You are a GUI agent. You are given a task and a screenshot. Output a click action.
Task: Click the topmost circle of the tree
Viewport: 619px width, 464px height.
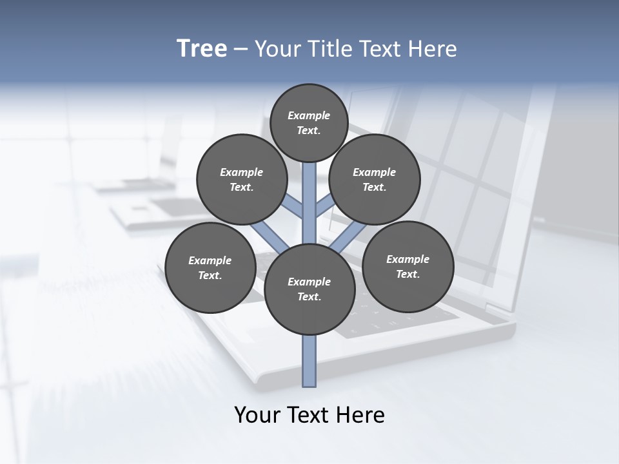pos(309,122)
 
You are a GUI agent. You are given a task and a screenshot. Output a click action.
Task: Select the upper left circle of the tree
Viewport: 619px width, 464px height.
pos(242,180)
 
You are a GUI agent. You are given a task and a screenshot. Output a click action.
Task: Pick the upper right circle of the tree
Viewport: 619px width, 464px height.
pos(375,180)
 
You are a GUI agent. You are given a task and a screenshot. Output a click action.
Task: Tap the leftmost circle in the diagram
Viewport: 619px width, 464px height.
pos(210,267)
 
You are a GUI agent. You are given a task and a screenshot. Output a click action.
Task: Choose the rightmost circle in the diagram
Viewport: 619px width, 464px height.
pos(408,267)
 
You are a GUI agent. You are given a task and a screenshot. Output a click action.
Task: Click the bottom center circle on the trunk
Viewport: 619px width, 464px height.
pos(309,289)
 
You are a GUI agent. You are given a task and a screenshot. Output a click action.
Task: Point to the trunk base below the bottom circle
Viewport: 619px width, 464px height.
pos(309,361)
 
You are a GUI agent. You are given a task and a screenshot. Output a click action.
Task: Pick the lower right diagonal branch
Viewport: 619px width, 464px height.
pos(349,238)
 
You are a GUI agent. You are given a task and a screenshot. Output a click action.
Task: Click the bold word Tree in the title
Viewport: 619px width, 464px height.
pos(202,48)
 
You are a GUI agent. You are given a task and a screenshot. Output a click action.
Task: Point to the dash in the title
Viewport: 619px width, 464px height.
pos(241,50)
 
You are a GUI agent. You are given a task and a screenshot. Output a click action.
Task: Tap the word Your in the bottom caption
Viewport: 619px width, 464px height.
pos(257,415)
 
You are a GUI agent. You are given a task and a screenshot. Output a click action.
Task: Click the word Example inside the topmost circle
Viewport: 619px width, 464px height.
pos(309,115)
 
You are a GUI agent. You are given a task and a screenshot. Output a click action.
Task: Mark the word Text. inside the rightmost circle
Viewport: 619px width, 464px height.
pos(408,275)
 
